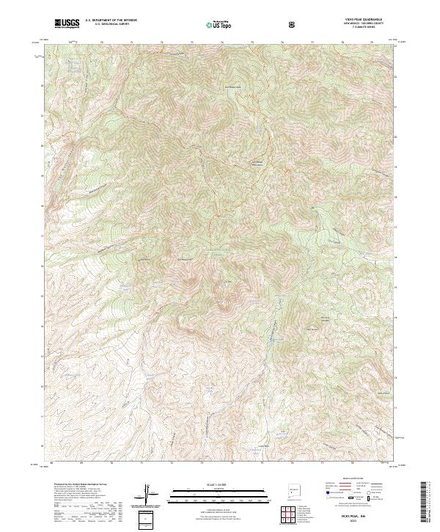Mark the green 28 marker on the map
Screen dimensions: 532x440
coord(312,211)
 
